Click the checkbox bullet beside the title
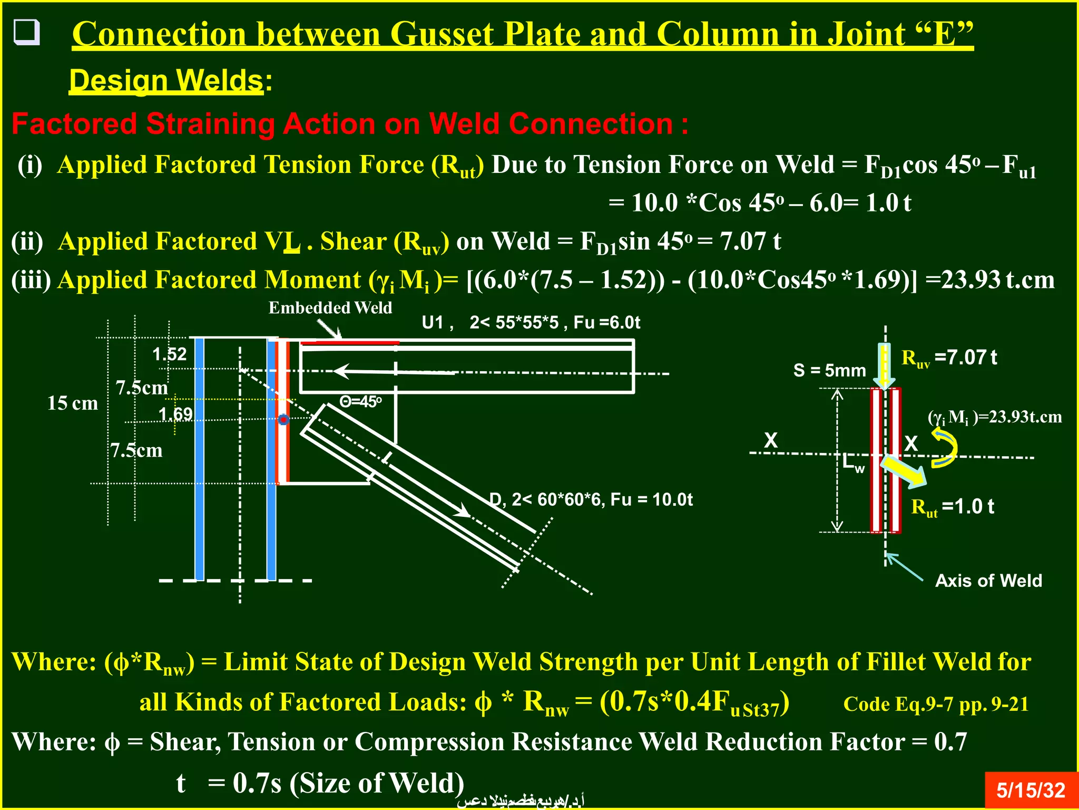click(26, 33)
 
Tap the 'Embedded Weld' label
click(330, 308)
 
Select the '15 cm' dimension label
click(73, 403)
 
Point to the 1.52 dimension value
click(170, 354)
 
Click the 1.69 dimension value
click(175, 414)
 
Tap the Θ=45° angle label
click(360, 402)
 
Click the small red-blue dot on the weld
click(283, 420)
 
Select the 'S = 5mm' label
click(829, 371)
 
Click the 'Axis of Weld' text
click(988, 581)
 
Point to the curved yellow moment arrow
click(945, 448)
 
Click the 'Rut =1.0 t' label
click(953, 507)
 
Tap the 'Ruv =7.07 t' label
click(949, 358)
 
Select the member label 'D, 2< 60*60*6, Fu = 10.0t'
click(591, 499)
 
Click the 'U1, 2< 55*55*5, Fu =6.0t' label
click(531, 322)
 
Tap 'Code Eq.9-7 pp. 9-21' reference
click(936, 704)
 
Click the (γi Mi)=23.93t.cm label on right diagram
click(994, 417)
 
